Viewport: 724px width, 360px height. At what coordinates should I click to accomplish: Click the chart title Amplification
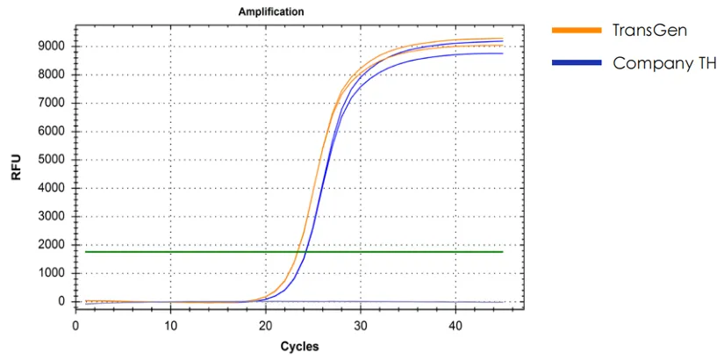[272, 11]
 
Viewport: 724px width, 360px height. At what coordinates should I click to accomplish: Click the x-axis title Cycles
[299, 346]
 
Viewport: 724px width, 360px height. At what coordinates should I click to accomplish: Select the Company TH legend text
[664, 62]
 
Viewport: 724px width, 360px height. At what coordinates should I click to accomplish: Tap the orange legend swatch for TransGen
[576, 31]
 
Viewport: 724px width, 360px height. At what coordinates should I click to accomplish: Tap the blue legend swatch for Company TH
[576, 63]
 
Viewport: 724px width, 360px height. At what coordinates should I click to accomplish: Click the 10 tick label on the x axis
[171, 326]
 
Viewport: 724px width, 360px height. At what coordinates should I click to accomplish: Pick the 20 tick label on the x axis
[266, 326]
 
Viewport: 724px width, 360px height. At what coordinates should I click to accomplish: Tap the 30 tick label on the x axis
[360, 326]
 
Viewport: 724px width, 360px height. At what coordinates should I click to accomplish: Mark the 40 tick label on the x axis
[455, 326]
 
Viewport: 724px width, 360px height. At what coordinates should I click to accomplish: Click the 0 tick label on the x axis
[76, 326]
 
